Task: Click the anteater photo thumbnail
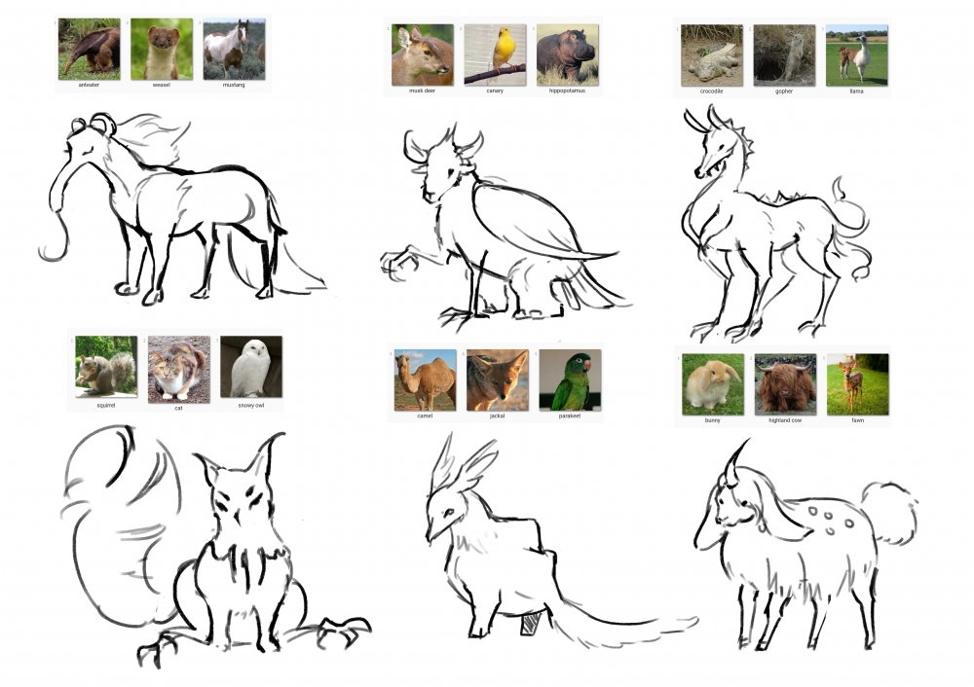(x=89, y=49)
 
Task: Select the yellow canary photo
(x=495, y=54)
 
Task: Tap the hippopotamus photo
(x=568, y=54)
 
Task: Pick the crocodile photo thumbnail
(x=712, y=55)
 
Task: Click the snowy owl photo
(x=251, y=367)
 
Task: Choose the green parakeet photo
(x=570, y=380)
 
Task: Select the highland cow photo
(x=785, y=384)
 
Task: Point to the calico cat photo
(x=179, y=370)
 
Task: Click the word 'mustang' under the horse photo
(x=234, y=85)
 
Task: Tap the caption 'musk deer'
(x=423, y=90)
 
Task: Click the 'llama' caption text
(x=856, y=91)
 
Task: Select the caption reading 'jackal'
(x=497, y=416)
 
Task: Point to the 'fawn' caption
(x=858, y=420)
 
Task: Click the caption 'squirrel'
(x=106, y=405)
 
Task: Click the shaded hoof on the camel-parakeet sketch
(x=529, y=625)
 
